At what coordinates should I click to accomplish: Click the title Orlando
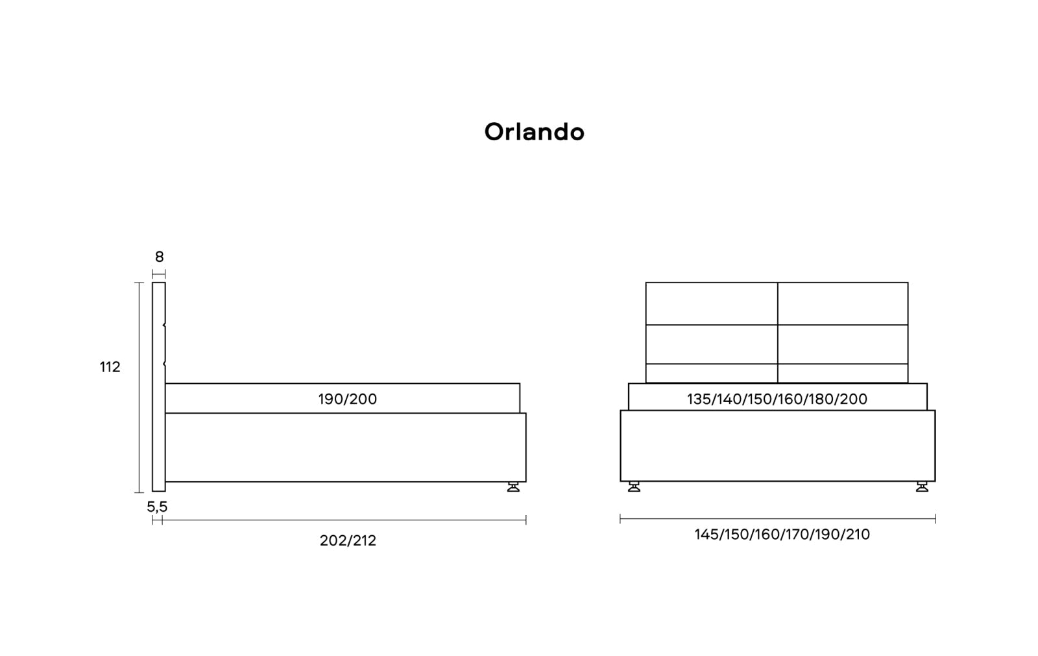[535, 132]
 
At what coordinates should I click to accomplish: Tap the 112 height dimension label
[110, 367]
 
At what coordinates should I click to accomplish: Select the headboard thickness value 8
[159, 257]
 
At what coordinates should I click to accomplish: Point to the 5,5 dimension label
[157, 507]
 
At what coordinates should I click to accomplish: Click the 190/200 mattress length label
[348, 399]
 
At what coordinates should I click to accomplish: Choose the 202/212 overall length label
[348, 540]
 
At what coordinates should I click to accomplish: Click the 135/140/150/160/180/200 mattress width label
[777, 399]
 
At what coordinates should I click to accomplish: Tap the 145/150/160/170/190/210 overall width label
[782, 535]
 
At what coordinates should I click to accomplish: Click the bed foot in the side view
[513, 486]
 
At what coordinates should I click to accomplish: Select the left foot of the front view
[634, 486]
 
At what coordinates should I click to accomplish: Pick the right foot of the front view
[922, 486]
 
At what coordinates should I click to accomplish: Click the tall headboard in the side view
[159, 387]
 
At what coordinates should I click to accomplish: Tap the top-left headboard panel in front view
[712, 303]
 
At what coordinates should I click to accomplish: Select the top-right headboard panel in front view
[843, 303]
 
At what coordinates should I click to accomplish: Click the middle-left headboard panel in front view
[712, 344]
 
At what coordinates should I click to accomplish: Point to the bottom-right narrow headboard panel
[843, 373]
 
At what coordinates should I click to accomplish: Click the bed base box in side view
[346, 448]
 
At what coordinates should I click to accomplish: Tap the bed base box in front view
[778, 446]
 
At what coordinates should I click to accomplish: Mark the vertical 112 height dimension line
[139, 387]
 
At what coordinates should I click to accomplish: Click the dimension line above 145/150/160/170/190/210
[778, 519]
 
